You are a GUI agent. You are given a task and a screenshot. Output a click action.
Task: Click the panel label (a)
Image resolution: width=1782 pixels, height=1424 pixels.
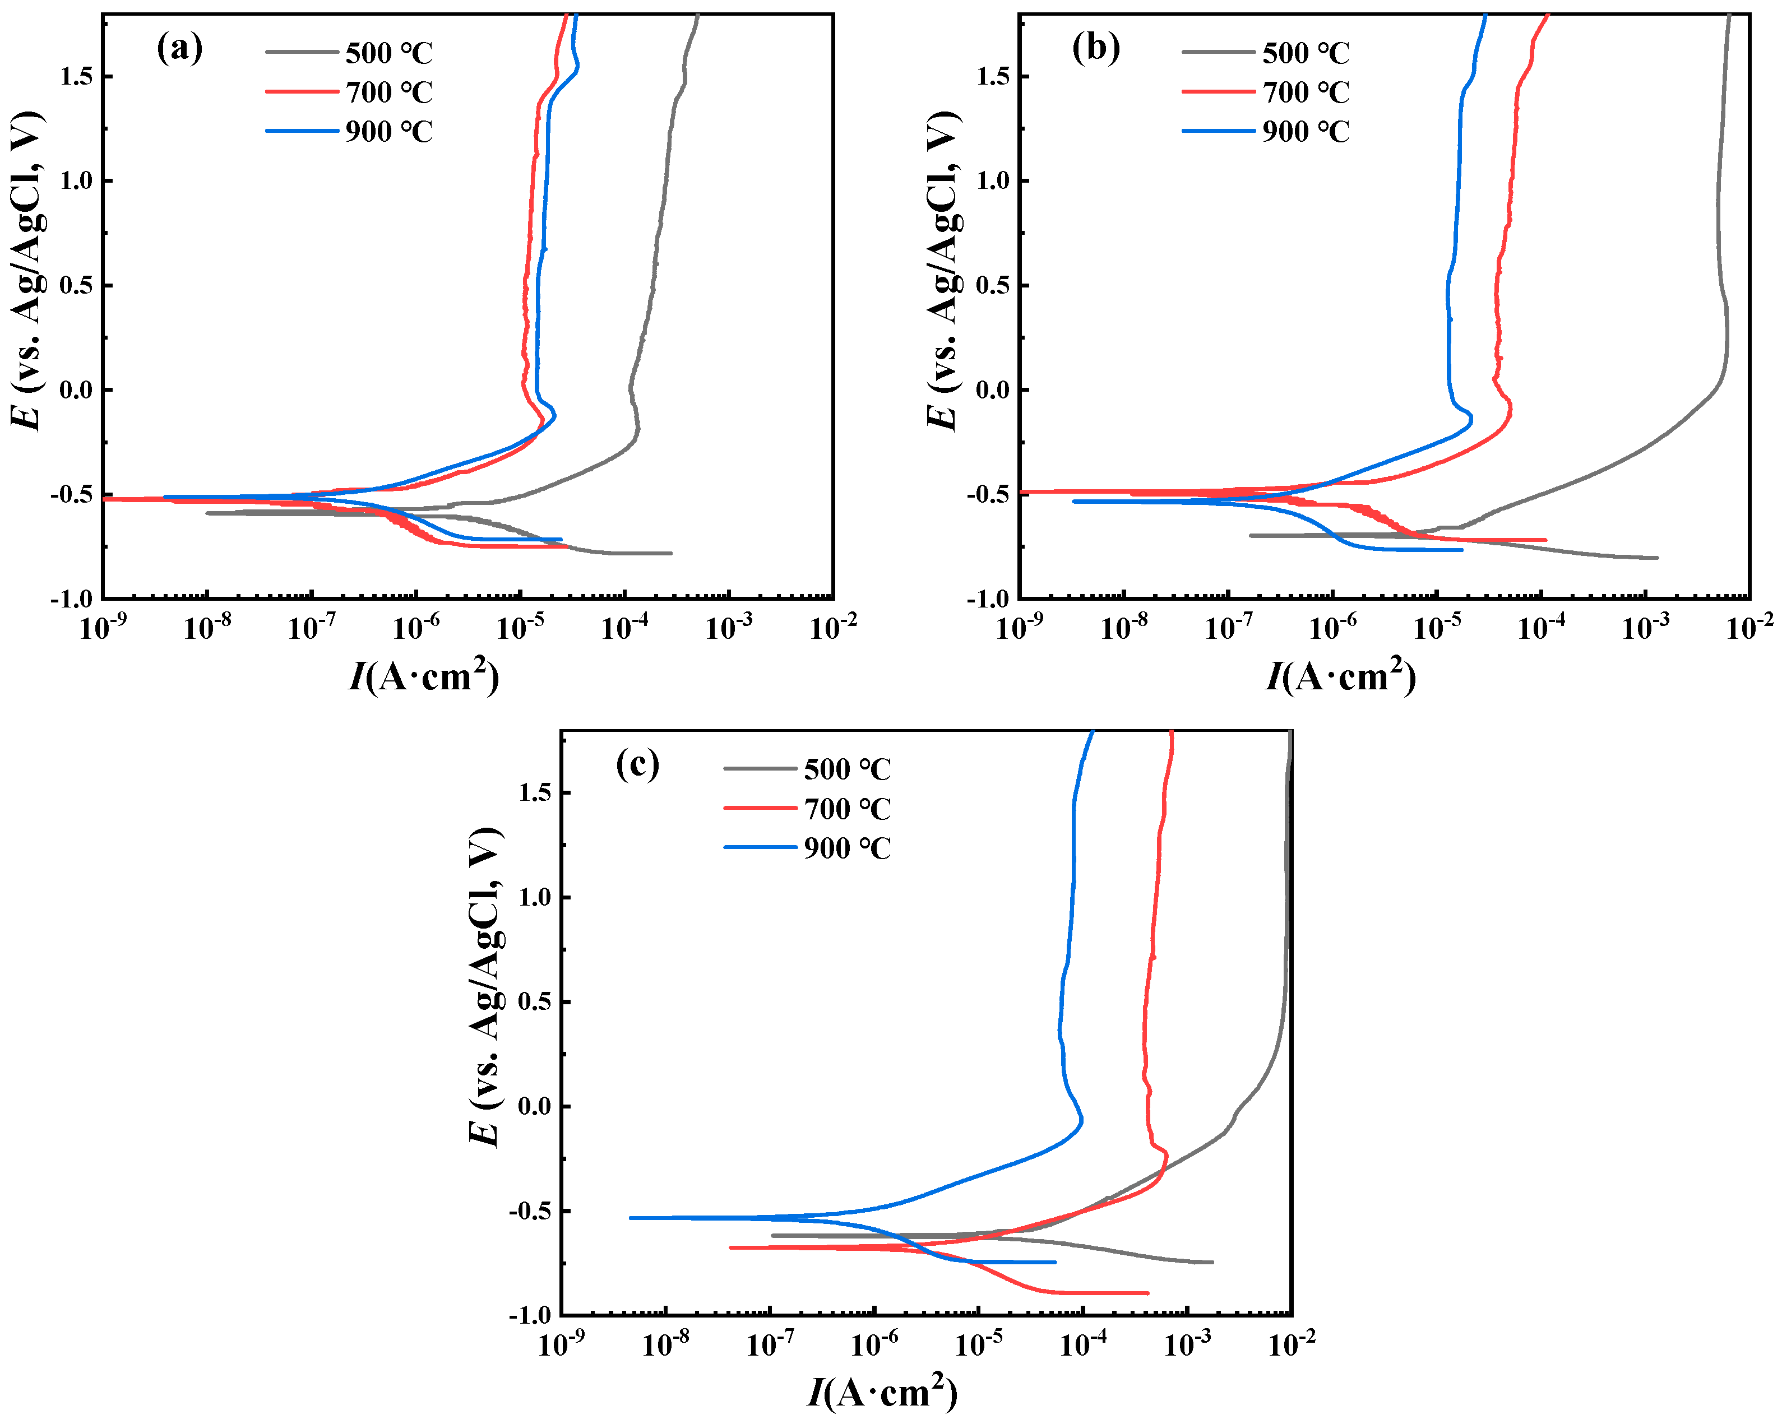179,48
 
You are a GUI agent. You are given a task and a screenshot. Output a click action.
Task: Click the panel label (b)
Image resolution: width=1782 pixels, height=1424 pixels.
1096,48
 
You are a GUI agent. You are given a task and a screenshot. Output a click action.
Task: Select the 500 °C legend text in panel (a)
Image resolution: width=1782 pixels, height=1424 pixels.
388,53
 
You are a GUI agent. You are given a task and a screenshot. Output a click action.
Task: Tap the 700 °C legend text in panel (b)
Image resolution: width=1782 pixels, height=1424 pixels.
1305,92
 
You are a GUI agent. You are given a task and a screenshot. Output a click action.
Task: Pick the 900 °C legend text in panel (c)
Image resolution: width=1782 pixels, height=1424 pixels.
847,848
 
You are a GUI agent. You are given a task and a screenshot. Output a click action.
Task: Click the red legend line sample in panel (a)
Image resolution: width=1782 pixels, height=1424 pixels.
302,91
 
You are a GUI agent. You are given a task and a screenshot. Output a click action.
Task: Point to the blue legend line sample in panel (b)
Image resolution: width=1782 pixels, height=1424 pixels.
1218,131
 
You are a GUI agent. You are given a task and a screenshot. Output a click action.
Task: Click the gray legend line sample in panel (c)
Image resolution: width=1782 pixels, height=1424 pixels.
761,769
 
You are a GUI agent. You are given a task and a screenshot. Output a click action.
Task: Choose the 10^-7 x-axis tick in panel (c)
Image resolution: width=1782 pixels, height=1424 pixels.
770,1344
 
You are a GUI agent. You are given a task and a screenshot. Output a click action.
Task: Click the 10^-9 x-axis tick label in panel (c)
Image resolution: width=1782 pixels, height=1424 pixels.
562,1344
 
